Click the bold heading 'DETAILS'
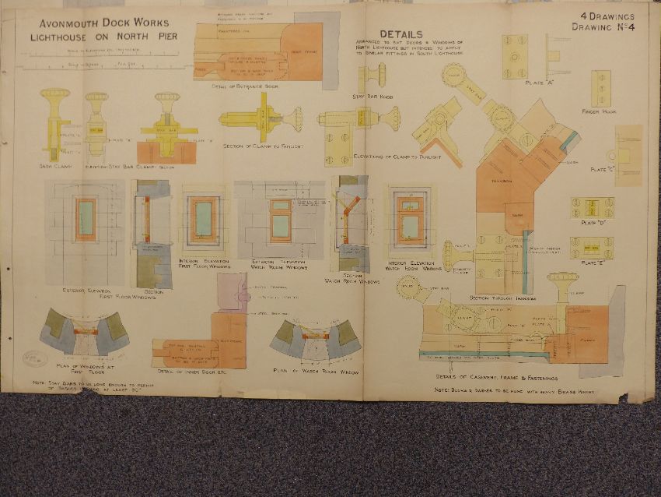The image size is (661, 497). (x=401, y=34)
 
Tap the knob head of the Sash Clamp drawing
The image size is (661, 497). (x=55, y=95)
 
